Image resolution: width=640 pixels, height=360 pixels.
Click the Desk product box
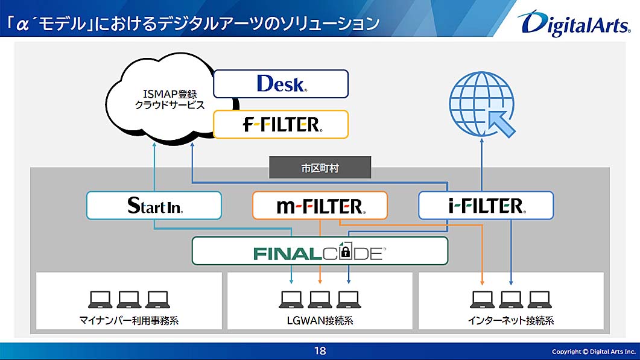(281, 84)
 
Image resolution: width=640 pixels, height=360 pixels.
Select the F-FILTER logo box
(281, 124)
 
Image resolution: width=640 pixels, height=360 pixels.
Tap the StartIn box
(154, 206)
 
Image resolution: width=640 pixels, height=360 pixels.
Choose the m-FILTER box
(320, 206)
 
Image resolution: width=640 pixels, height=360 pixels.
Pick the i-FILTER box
(486, 206)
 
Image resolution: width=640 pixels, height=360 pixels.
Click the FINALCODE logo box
(320, 251)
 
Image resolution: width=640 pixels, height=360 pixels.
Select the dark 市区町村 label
(320, 168)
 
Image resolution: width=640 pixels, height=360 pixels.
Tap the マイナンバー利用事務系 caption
(129, 321)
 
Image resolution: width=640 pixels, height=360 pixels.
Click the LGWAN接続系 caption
(320, 321)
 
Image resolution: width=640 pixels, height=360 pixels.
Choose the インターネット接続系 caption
(510, 321)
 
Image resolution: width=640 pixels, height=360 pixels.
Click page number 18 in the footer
(320, 351)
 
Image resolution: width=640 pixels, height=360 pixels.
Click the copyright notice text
(594, 351)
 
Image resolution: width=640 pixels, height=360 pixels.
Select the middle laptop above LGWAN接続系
(320, 299)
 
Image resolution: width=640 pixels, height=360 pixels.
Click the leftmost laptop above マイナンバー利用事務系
(100, 299)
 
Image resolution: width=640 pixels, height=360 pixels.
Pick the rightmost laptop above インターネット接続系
(539, 299)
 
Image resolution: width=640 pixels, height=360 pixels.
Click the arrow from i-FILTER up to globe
(483, 163)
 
